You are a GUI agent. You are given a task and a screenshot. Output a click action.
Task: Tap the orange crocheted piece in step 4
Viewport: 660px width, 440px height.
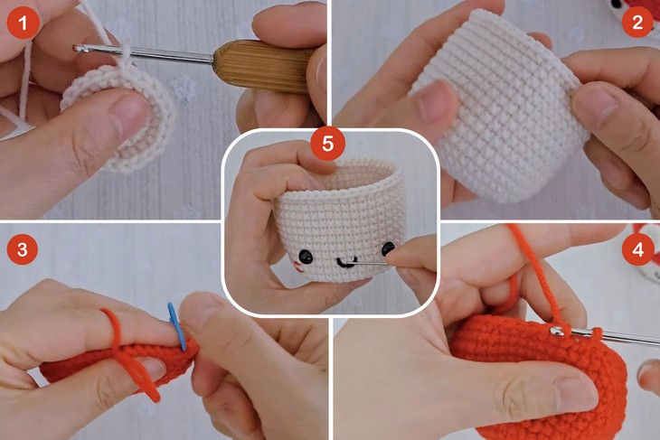point(542,379)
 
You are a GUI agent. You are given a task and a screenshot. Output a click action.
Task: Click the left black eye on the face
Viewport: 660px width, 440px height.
point(306,255)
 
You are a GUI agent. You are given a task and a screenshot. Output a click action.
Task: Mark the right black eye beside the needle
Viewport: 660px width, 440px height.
point(387,248)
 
